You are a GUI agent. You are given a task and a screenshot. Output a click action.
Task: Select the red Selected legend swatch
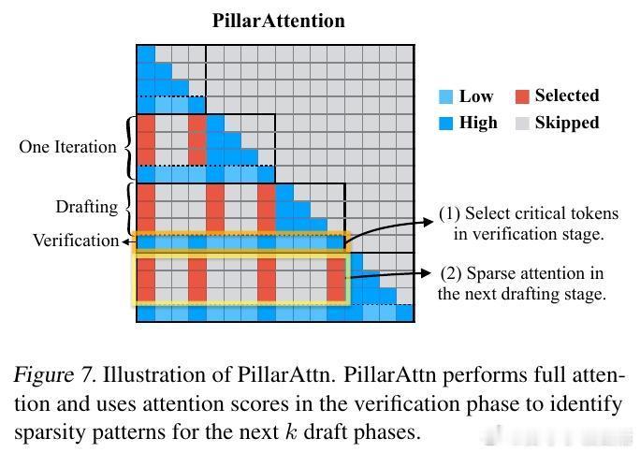tap(521, 96)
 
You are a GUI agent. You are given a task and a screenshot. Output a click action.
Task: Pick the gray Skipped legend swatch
tap(521, 123)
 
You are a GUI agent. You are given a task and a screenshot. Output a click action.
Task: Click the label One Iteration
tap(67, 147)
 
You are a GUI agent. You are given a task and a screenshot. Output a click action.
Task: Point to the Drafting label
tap(87, 206)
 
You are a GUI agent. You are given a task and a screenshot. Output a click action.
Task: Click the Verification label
tap(76, 241)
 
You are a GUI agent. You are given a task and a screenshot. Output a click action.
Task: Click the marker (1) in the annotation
tap(450, 213)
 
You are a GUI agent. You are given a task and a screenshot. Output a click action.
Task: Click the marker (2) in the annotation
tap(450, 273)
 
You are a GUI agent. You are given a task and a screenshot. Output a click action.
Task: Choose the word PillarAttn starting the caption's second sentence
tap(348, 376)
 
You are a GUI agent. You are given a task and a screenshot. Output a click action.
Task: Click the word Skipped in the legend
tap(567, 123)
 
